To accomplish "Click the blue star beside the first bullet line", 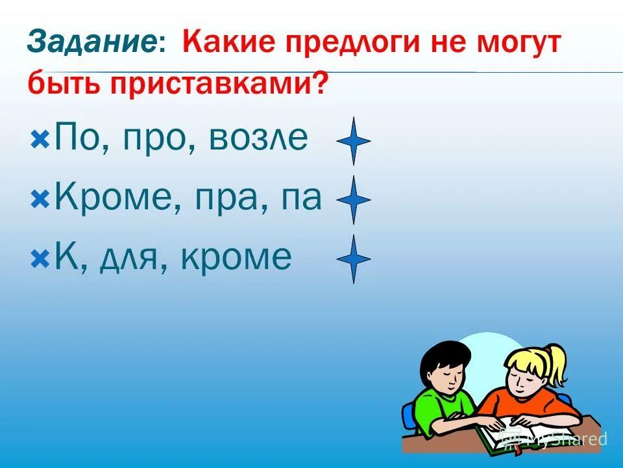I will (x=354, y=141).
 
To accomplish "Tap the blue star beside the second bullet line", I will (x=354, y=200).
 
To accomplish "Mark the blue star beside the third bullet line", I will (x=354, y=259).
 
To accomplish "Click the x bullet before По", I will (x=40, y=139).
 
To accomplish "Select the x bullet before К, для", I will (x=40, y=259).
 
